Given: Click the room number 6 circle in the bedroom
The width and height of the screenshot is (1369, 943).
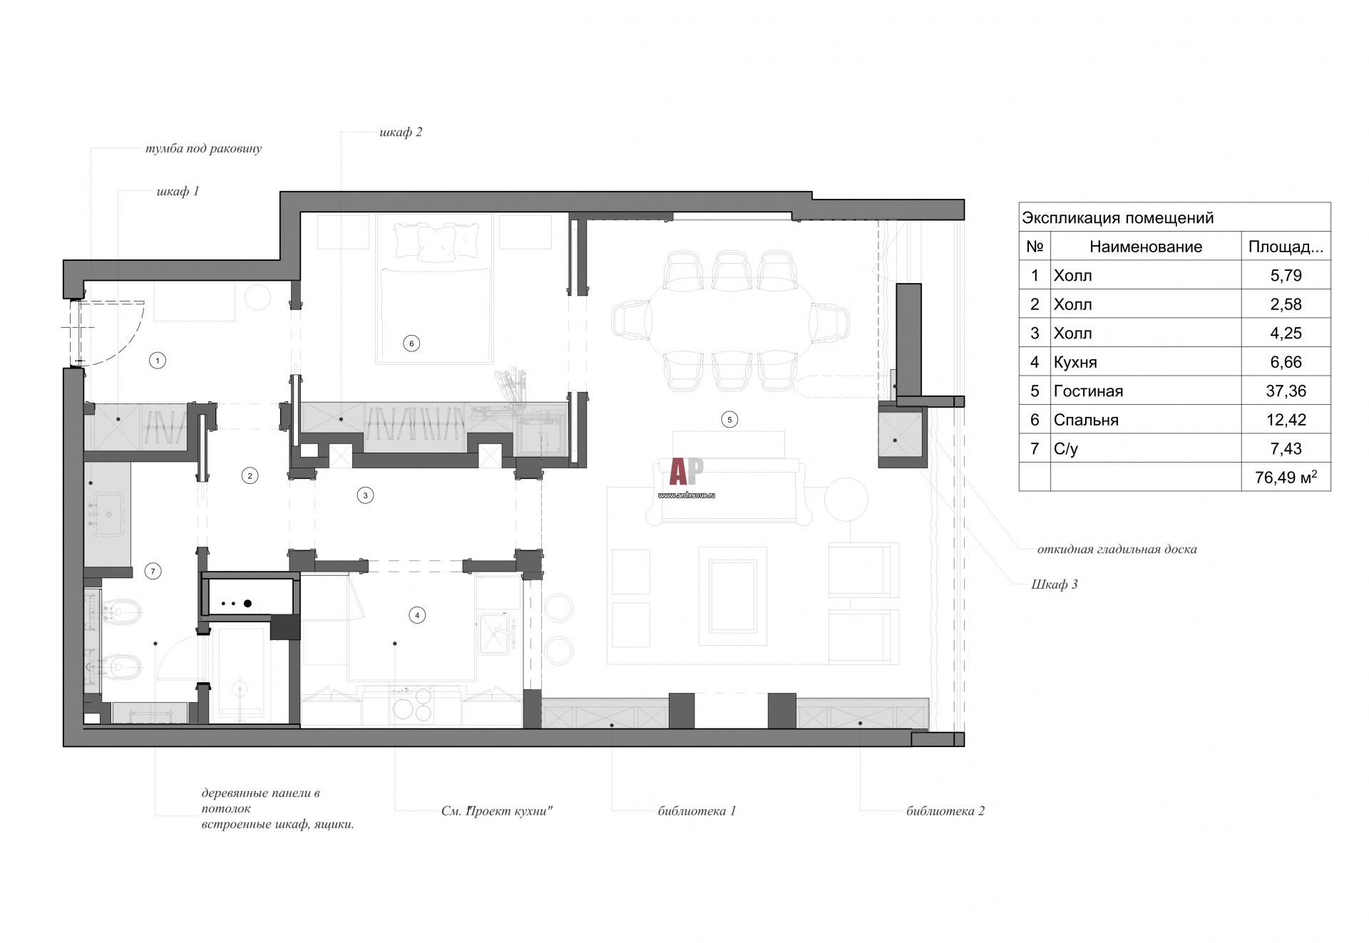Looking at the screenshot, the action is click(x=411, y=344).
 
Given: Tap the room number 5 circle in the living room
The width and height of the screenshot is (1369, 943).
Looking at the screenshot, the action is click(x=729, y=420).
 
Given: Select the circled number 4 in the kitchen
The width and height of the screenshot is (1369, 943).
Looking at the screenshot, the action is click(x=417, y=615).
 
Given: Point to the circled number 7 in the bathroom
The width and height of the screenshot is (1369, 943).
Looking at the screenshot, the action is click(x=153, y=571).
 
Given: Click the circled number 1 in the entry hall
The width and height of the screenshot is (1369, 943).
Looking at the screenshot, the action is click(x=158, y=360).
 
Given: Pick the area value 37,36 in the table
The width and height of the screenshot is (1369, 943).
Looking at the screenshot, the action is click(x=1286, y=391).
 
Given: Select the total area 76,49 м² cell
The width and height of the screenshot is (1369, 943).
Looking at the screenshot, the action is click(x=1286, y=478).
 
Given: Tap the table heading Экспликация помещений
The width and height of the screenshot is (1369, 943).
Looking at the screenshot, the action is click(x=1117, y=218).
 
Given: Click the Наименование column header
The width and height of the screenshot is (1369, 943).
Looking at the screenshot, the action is click(x=1146, y=247).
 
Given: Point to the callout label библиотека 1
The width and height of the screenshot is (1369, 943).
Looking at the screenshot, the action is click(x=697, y=811).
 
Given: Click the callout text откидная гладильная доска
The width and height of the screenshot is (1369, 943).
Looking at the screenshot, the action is click(x=1117, y=550).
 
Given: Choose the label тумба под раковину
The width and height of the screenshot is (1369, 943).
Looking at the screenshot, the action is click(x=203, y=149).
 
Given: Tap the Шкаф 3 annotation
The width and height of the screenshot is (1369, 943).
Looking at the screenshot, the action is click(x=1055, y=584).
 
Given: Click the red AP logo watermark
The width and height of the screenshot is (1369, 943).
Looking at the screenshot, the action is click(x=686, y=471).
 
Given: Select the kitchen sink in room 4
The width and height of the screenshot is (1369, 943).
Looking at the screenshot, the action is click(x=497, y=633).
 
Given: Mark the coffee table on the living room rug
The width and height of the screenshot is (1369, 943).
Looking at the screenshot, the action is click(x=732, y=597).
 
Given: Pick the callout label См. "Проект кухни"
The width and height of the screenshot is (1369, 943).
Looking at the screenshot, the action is click(x=497, y=811).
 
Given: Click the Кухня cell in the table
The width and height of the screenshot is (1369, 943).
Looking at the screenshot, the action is click(x=1075, y=363).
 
